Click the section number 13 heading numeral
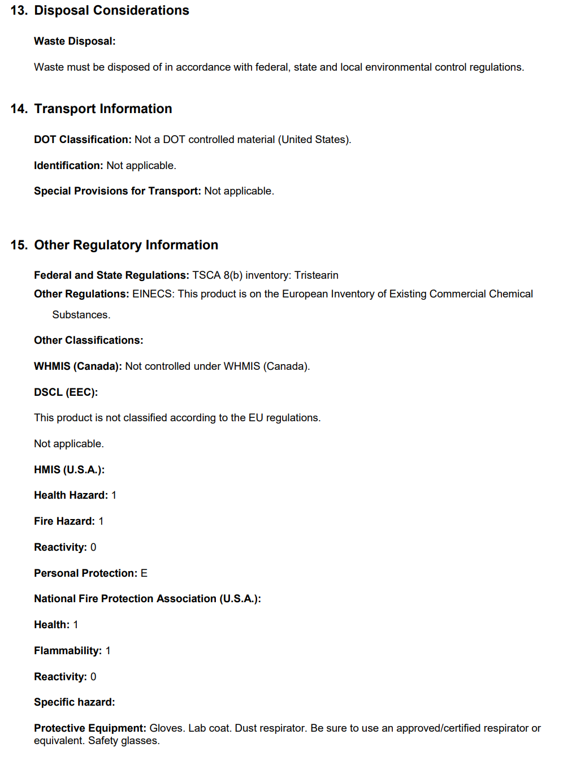[x=19, y=11]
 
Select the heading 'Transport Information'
[x=103, y=109]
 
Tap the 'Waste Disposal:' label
[x=75, y=41]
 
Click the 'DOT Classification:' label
[x=83, y=140]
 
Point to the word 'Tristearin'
[x=316, y=275]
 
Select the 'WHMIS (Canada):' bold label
[x=77, y=366]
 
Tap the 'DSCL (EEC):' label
[x=66, y=392]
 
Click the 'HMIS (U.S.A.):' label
[x=69, y=470]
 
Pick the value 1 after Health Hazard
[x=114, y=495]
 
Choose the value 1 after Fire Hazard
[x=101, y=521]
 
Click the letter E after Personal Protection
[x=144, y=573]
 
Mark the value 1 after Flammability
[x=108, y=651]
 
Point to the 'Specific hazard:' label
[x=74, y=702]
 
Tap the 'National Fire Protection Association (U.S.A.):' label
[x=147, y=599]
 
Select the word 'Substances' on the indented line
[x=80, y=315]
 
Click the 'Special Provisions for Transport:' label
[x=117, y=191]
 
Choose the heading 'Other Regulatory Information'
[x=126, y=245]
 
